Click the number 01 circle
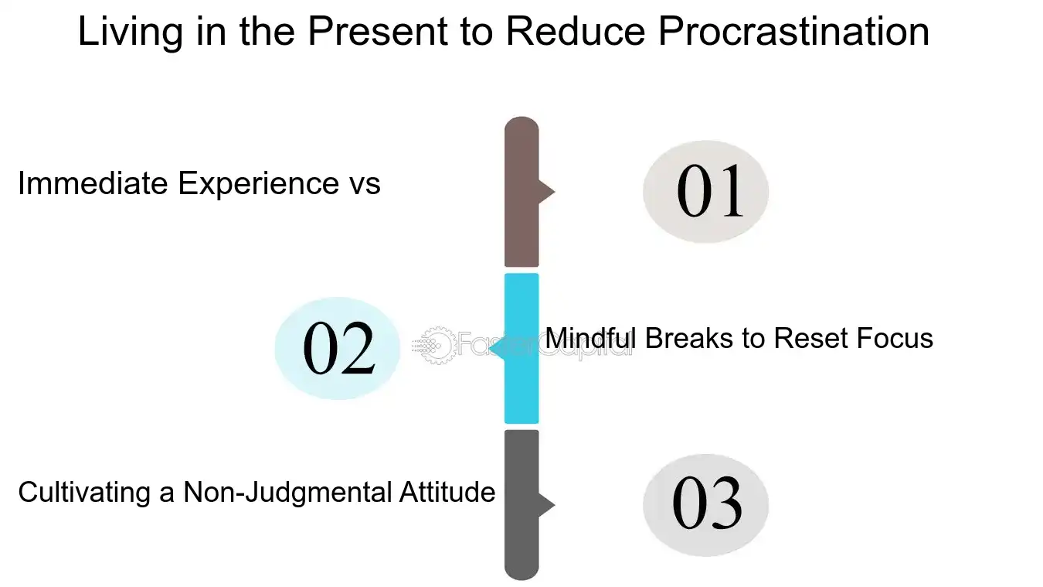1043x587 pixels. pos(705,191)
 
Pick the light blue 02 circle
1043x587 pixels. pos(338,349)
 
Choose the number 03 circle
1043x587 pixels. pos(705,505)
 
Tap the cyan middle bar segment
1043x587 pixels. pos(521,348)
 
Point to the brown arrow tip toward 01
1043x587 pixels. pos(548,191)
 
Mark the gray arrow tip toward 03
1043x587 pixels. pos(548,505)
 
